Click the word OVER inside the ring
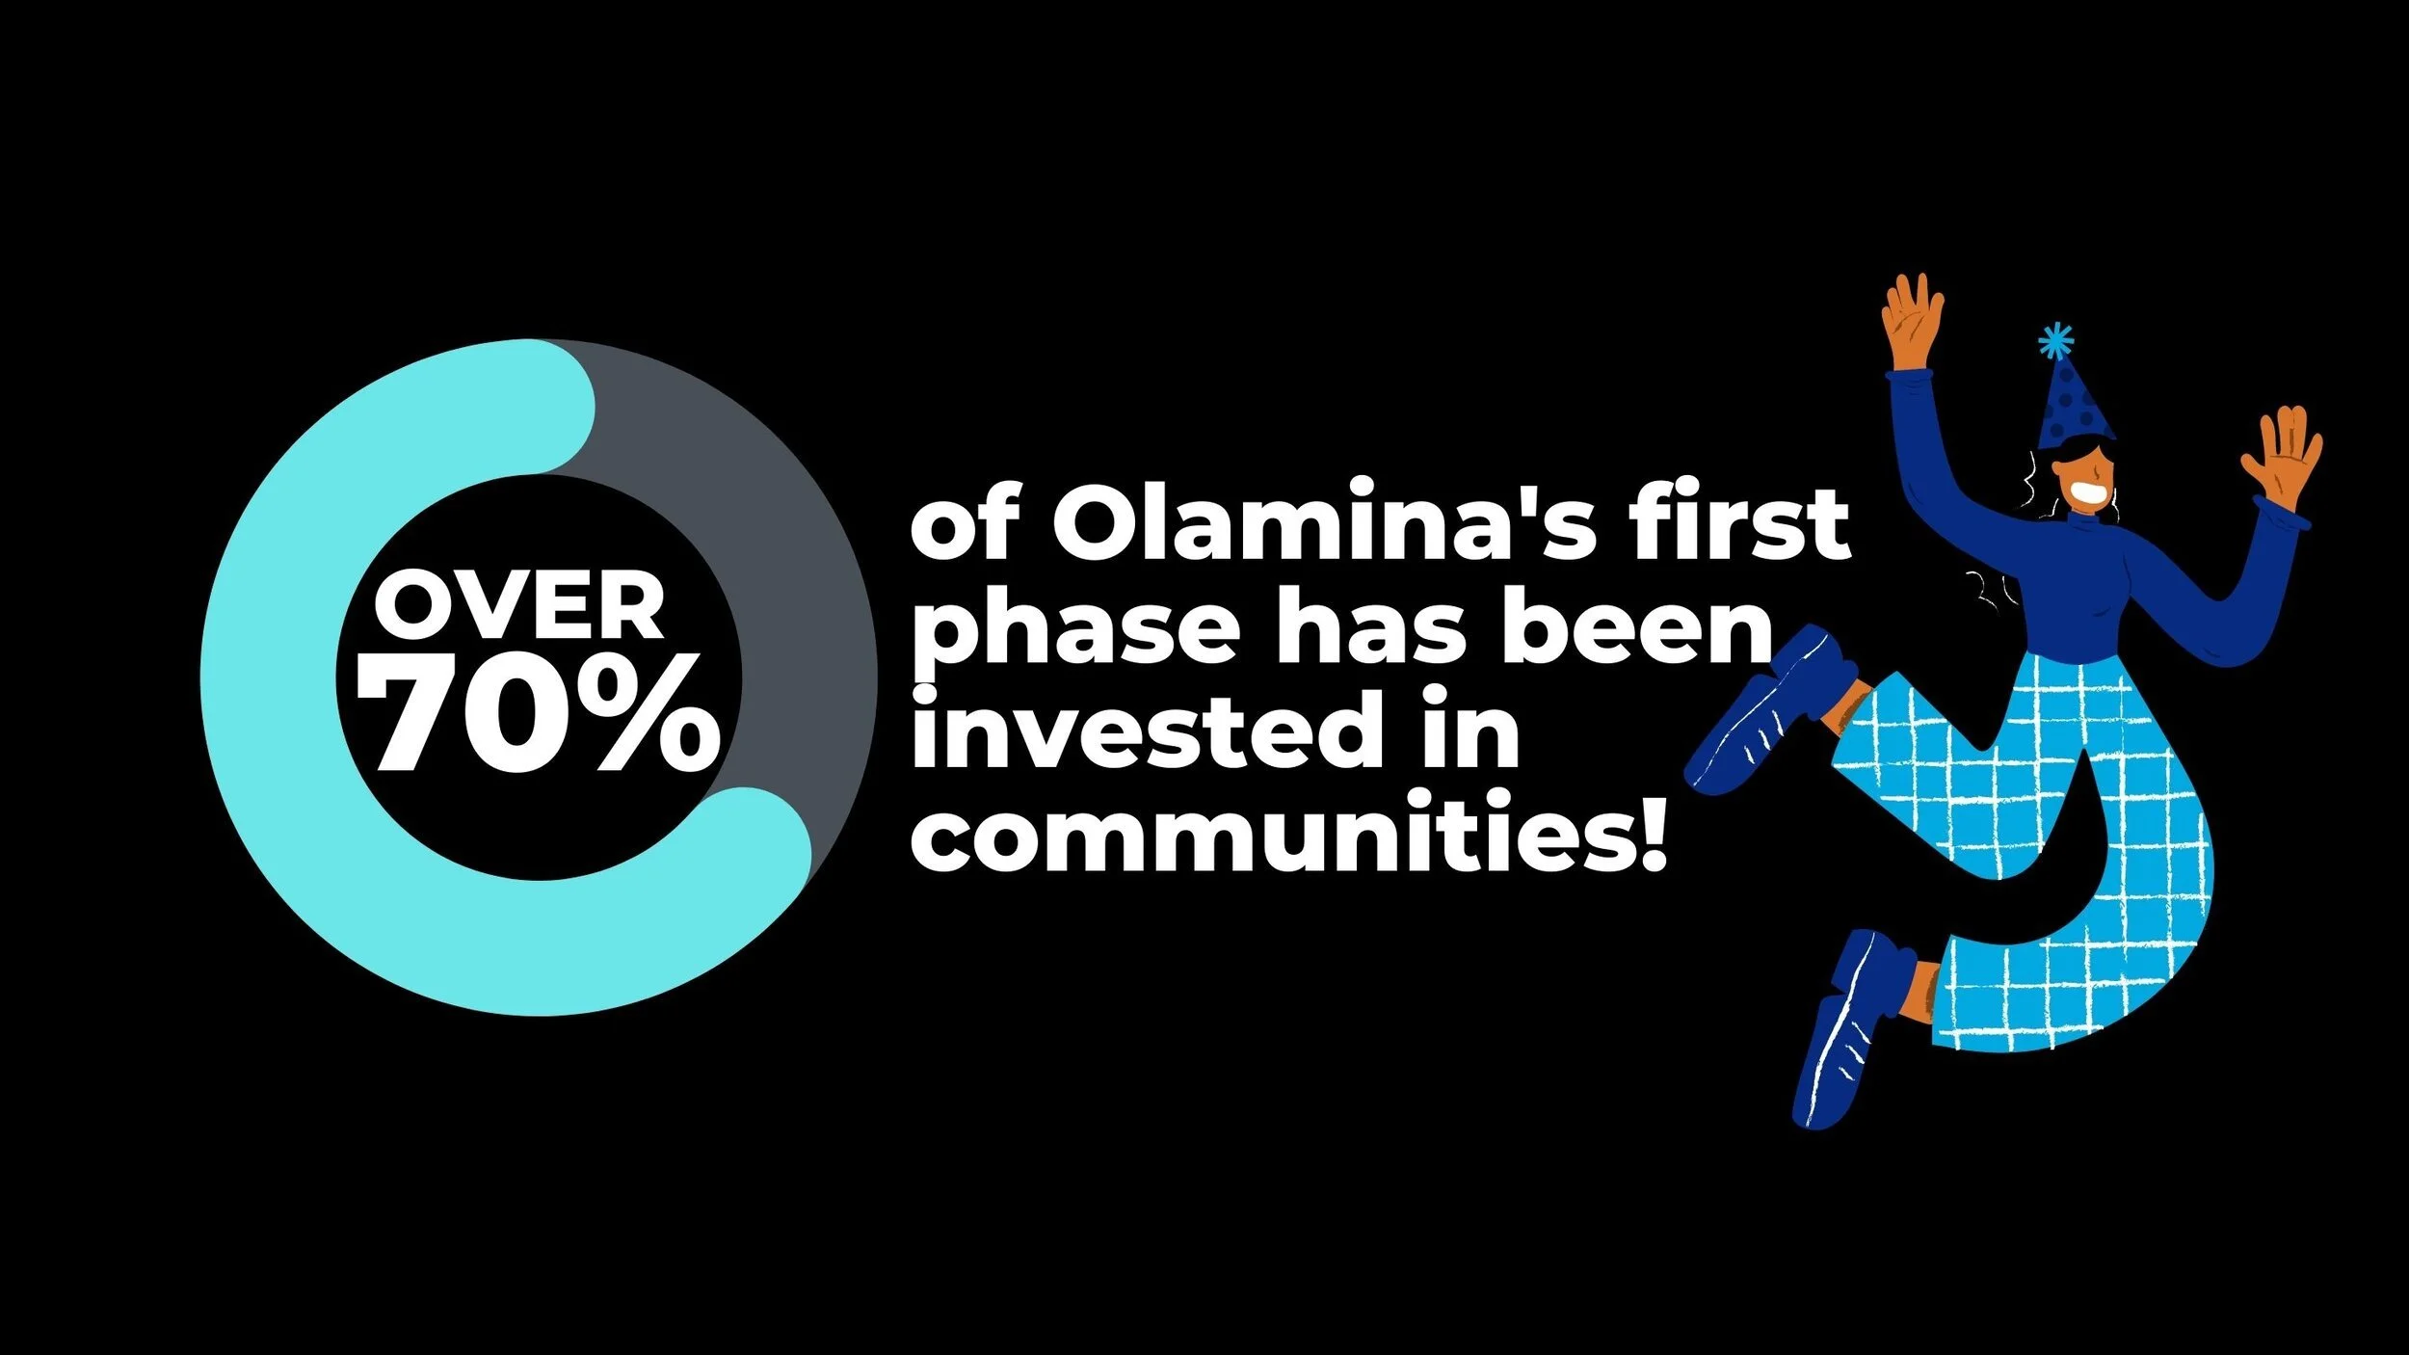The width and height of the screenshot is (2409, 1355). click(519, 606)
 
